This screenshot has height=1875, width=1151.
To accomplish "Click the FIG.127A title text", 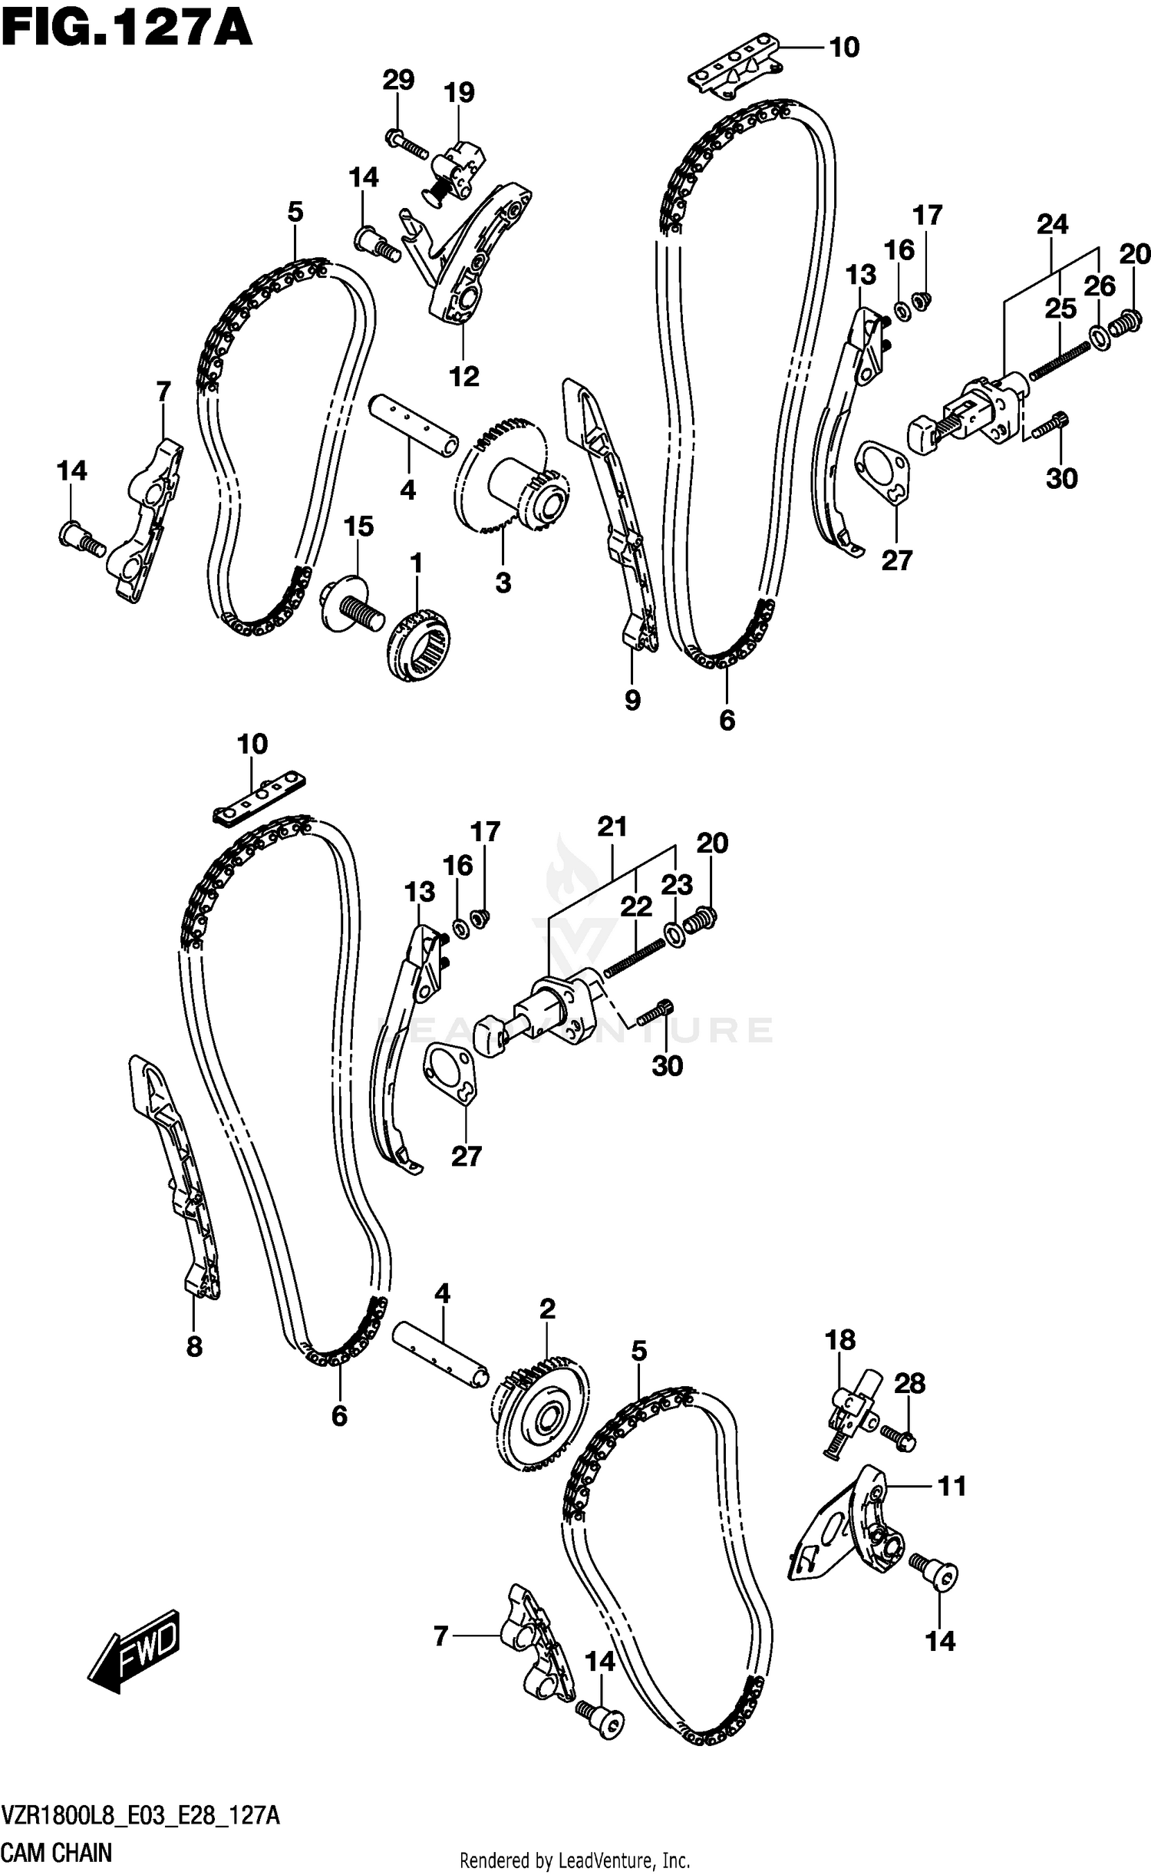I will tap(127, 29).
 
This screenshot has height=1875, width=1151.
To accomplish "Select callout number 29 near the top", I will tap(398, 80).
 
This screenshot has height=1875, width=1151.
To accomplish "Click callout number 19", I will tap(459, 93).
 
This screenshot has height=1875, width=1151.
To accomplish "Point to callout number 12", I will tap(463, 376).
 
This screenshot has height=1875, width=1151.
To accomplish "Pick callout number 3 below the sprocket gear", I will tap(503, 583).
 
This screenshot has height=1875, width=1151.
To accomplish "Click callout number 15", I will tap(358, 527).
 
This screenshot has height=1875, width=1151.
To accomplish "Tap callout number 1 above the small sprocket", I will tap(415, 564).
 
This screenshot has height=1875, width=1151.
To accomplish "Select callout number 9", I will tap(632, 699).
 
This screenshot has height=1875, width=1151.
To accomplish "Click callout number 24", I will tap(1052, 224).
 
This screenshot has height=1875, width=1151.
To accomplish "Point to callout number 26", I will tap(1099, 286).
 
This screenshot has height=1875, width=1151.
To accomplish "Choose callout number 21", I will tap(612, 827).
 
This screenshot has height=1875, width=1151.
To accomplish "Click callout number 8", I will tap(194, 1345).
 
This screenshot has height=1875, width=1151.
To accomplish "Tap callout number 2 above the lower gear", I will tap(546, 1309).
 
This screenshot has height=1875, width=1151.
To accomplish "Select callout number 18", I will tap(839, 1340).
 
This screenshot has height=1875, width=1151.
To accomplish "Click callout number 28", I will tap(909, 1383).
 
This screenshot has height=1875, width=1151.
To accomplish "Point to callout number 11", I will tap(951, 1487).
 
